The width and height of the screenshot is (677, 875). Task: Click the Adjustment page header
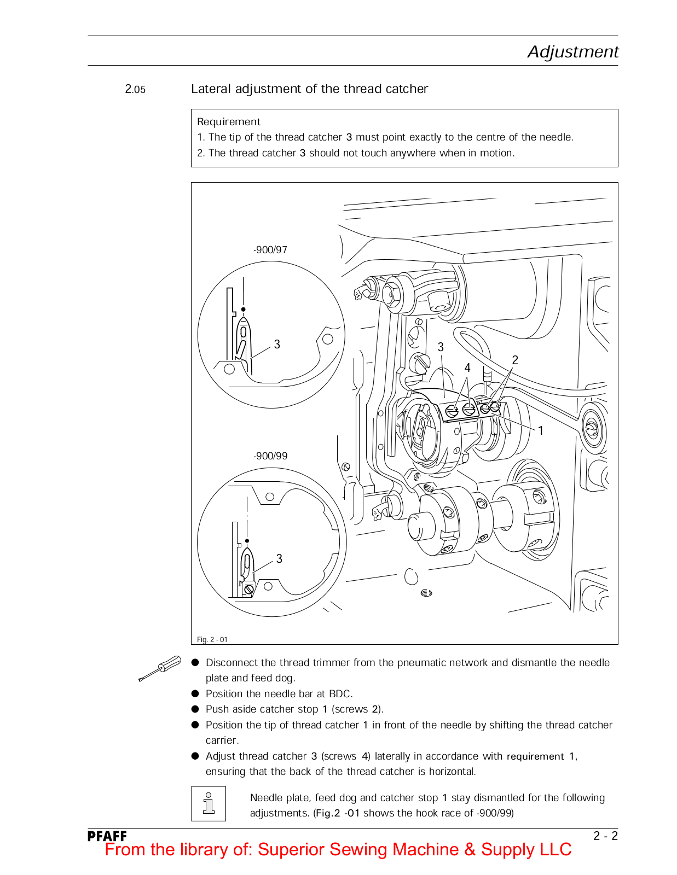tap(572, 51)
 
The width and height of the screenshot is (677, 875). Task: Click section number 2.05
tap(135, 89)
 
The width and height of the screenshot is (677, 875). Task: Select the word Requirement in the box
tap(229, 122)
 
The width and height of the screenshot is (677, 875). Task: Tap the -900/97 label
tap(270, 250)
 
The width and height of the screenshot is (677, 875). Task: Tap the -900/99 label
tap(270, 456)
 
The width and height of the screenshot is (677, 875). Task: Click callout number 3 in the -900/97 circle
tap(277, 344)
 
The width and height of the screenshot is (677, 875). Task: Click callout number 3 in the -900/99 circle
tap(279, 558)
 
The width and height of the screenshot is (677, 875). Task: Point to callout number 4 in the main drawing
tap(467, 367)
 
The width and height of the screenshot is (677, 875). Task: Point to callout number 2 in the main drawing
tap(515, 360)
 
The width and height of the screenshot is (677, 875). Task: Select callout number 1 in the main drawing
tap(541, 430)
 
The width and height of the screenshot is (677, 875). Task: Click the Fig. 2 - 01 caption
tap(212, 639)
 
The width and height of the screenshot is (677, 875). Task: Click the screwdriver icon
tap(160, 668)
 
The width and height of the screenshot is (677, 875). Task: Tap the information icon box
tap(209, 803)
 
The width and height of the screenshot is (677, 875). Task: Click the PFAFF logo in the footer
tap(107, 836)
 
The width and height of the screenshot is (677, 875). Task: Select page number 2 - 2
tap(606, 836)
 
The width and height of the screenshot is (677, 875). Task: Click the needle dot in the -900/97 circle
tap(244, 310)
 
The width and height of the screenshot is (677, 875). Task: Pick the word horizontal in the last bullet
tap(452, 772)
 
